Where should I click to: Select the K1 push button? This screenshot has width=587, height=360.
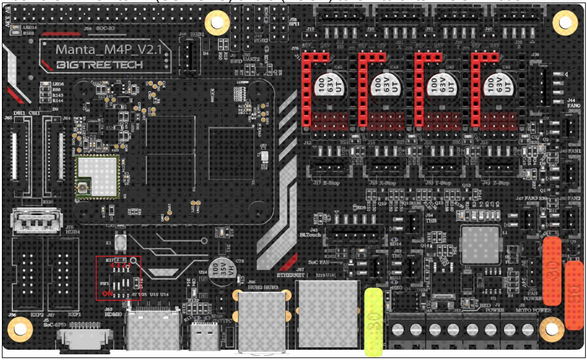point(119,242)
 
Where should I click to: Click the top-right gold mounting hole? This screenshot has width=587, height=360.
point(564,22)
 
